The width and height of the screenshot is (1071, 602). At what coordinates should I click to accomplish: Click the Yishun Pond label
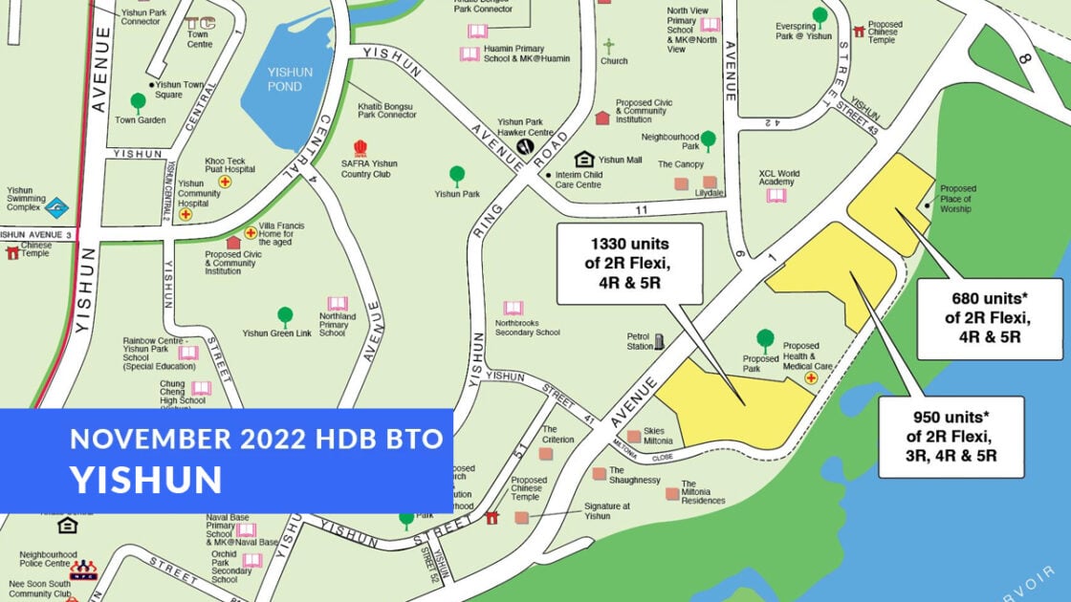[x=285, y=79]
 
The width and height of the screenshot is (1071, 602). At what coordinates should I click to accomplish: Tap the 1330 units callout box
[x=629, y=264]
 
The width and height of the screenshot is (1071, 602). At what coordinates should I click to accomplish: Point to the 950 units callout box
[x=951, y=437]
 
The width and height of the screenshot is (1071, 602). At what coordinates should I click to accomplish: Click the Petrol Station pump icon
[x=659, y=340]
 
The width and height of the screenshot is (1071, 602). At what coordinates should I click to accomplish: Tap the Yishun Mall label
[x=621, y=160]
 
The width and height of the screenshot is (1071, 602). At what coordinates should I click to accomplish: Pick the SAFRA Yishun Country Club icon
[x=361, y=148]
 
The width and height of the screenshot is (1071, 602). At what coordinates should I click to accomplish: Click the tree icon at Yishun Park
[x=457, y=175]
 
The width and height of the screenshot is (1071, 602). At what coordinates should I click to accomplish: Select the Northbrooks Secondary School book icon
[x=514, y=309]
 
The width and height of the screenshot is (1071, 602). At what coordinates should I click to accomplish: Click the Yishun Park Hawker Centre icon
[x=526, y=147]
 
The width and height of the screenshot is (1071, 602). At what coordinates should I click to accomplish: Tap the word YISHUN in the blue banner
[x=145, y=479]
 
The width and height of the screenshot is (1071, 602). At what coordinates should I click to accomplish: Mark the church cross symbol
[x=608, y=45]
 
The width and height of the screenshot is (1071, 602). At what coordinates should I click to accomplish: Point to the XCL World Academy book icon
[x=776, y=195]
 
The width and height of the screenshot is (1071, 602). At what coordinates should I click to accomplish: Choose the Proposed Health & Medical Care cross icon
[x=811, y=378]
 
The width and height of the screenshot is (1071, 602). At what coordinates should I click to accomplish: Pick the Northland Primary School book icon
[x=337, y=303]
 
